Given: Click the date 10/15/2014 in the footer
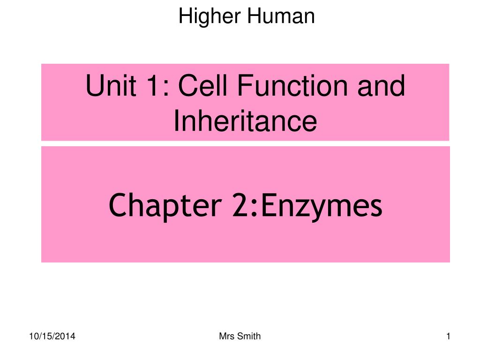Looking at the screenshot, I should click(x=52, y=336).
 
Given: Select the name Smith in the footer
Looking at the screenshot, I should click(x=249, y=336).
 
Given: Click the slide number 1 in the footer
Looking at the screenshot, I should click(x=449, y=336).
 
